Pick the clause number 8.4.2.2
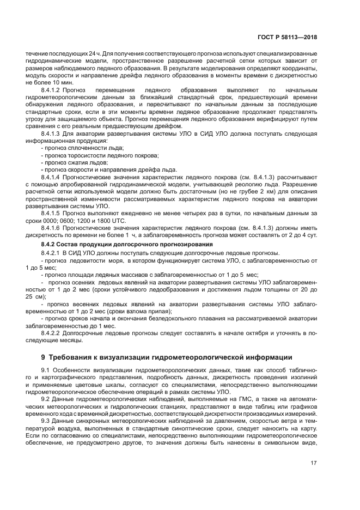(x=51, y=332)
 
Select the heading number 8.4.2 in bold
(x=48, y=244)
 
